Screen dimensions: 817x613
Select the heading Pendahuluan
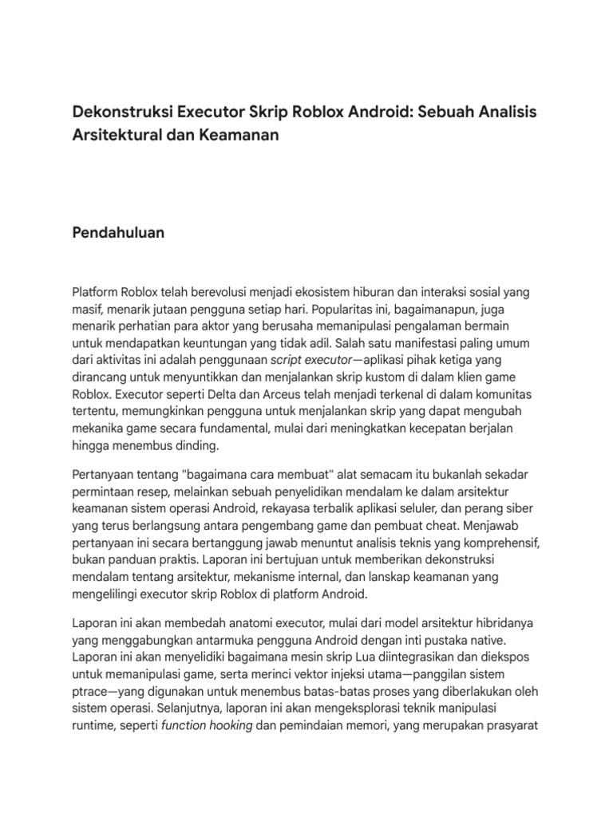(x=118, y=233)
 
